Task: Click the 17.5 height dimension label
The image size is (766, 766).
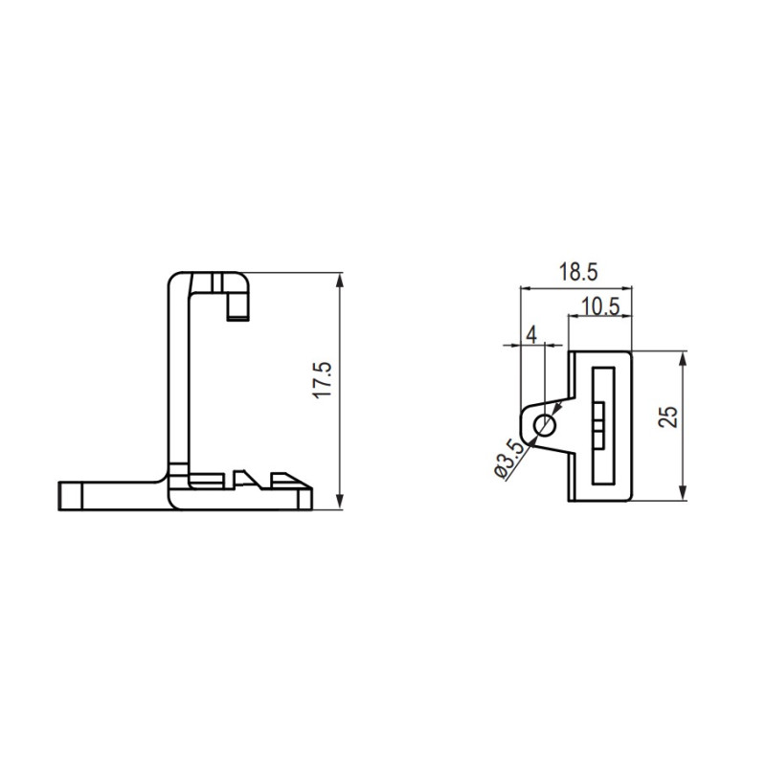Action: tap(325, 380)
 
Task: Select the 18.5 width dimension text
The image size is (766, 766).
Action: tap(578, 272)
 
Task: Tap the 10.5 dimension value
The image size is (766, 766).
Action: tap(600, 306)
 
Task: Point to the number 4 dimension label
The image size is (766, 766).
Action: tap(531, 335)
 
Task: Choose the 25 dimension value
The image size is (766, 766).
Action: tap(667, 417)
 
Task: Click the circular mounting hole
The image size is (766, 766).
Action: tap(545, 425)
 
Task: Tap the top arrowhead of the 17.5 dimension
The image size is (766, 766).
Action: tap(340, 281)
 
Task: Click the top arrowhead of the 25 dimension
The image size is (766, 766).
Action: tap(683, 359)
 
